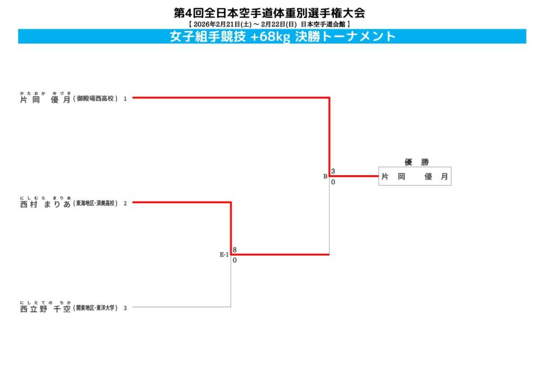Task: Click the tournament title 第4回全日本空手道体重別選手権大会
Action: pyautogui.click(x=269, y=13)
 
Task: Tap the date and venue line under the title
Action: pyautogui.click(x=269, y=24)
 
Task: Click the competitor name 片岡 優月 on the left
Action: pyautogui.click(x=45, y=99)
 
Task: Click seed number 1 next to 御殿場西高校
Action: pyautogui.click(x=125, y=98)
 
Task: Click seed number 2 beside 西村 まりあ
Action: pyautogui.click(x=125, y=204)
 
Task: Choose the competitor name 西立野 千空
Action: pyautogui.click(x=45, y=309)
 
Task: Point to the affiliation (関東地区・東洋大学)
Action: pyautogui.click(x=96, y=308)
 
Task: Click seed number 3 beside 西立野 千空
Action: pyautogui.click(x=125, y=308)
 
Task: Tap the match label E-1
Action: pyautogui.click(x=224, y=255)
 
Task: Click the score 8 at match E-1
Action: pyautogui.click(x=234, y=250)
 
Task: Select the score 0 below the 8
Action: pyautogui.click(x=234, y=260)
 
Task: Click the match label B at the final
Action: pyautogui.click(x=325, y=176)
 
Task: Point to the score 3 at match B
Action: pyautogui.click(x=333, y=172)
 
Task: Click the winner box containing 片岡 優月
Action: pyautogui.click(x=415, y=177)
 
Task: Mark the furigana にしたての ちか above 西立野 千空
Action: pyautogui.click(x=45, y=303)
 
